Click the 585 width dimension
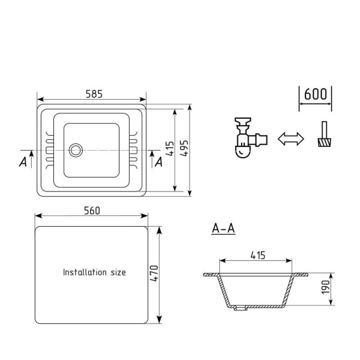(94, 94)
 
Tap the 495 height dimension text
(184, 149)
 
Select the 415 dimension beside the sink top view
(170, 149)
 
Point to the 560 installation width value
(92, 211)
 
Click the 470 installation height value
(154, 274)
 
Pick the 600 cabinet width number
(315, 94)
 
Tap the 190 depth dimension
(326, 287)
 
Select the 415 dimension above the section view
(258, 256)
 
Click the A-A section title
(223, 228)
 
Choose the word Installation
(85, 272)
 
